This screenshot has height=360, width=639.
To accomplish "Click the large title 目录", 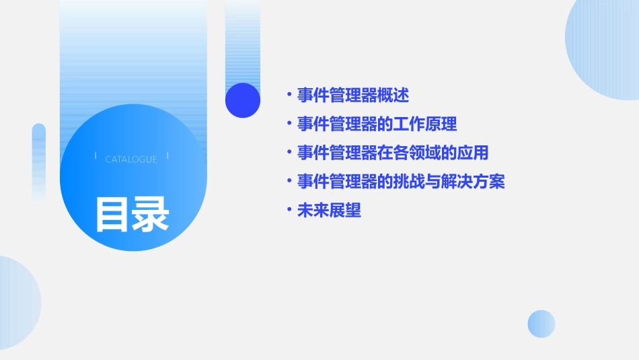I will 132,214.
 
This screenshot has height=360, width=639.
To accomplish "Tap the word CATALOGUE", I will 131,159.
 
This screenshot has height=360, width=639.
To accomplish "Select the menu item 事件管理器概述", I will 353,95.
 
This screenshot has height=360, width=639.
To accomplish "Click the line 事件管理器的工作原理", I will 377,124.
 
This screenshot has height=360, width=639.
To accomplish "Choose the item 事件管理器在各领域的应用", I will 393,153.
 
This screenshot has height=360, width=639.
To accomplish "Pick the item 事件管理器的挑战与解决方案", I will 401,182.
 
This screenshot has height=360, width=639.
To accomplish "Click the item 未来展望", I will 329,211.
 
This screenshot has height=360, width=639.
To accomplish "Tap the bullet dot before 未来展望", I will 289,211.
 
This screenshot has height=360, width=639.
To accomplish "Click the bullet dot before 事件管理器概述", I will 289,95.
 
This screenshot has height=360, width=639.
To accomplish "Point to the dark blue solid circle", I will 243,100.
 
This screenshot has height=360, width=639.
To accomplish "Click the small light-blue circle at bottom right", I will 541,324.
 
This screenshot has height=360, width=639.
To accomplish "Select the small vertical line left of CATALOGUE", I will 96,156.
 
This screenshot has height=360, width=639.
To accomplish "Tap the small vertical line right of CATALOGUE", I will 167,156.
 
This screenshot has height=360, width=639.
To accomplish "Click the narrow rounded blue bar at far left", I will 39,161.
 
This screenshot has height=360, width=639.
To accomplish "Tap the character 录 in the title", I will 151,214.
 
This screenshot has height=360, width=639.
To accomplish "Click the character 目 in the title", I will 112,214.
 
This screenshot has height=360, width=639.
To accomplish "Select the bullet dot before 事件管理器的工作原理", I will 289,124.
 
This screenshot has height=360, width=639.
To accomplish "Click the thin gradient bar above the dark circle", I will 243,40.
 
